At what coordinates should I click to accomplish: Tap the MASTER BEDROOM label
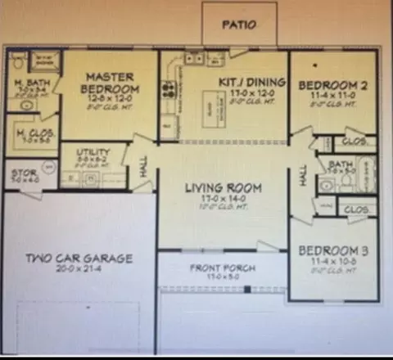click(x=111, y=82)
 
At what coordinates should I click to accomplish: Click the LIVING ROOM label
click(x=222, y=188)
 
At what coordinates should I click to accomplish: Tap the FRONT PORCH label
click(x=222, y=268)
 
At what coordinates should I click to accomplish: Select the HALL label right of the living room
click(x=303, y=177)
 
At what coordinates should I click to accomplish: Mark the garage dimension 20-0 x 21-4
click(x=78, y=268)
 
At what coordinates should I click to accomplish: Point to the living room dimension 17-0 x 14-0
click(x=222, y=200)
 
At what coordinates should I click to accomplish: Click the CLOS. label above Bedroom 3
click(x=356, y=210)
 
